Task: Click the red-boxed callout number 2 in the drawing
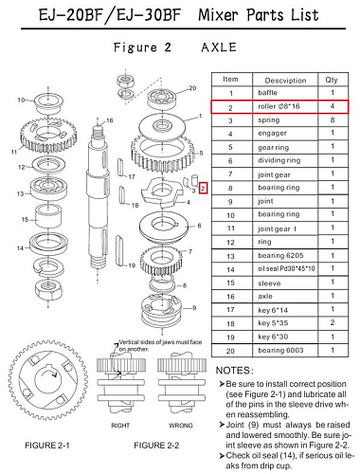[x=203, y=189]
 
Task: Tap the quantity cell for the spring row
[x=333, y=120]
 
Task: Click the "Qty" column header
[x=332, y=80]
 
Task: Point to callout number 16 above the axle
[x=109, y=120]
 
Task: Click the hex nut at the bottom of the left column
[x=47, y=288]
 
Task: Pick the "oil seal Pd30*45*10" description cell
[x=286, y=268]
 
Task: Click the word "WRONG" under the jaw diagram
[x=180, y=426]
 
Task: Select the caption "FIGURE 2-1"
[x=47, y=446]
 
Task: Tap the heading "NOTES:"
[x=234, y=371]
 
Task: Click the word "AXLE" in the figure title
[x=219, y=47]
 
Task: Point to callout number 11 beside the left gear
[x=14, y=152]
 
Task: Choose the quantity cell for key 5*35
[x=333, y=322]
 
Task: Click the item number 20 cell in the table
[x=230, y=351]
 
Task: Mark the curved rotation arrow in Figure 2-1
[x=48, y=374]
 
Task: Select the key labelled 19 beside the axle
[x=118, y=250]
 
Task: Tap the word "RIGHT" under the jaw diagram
[x=120, y=426]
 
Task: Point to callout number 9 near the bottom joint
[x=194, y=307]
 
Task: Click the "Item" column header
[x=230, y=79]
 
